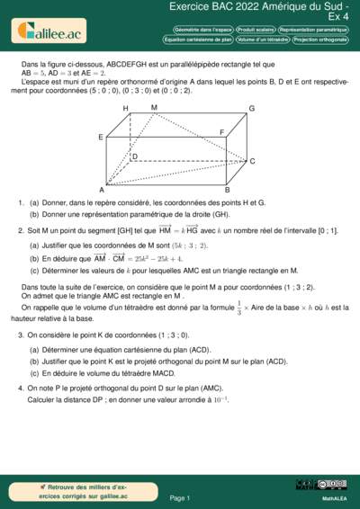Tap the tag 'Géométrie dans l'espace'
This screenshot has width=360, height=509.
point(197,29)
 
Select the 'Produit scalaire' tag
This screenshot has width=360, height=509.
point(256,29)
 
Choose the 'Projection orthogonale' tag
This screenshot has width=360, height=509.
point(321,40)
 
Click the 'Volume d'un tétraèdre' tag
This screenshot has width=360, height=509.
point(264,40)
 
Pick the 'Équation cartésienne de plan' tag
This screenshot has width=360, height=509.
point(198,40)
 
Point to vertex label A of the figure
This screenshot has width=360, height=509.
point(102,190)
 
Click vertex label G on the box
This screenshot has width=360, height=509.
point(252,109)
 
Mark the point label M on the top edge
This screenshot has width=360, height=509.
point(154,107)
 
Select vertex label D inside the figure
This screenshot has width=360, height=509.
point(134,156)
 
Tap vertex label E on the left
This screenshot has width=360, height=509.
point(101,137)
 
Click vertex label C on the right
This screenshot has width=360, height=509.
point(252,162)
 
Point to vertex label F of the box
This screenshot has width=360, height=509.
point(221,132)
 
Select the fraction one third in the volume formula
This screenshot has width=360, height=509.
point(238,308)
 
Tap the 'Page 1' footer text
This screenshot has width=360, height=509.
point(180,497)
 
